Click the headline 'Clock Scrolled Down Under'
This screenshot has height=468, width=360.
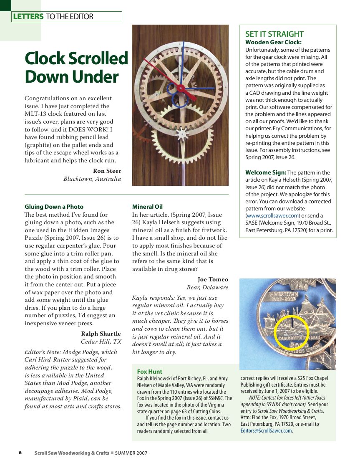76,68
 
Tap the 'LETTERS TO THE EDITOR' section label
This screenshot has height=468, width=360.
53,17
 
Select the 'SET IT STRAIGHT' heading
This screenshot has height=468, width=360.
274,34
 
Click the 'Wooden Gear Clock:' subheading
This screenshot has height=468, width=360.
273,42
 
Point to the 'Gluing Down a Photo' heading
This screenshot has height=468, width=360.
54,207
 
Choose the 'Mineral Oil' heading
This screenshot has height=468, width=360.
147,207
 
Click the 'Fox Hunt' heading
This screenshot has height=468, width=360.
149,372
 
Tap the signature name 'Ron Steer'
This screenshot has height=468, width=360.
107,171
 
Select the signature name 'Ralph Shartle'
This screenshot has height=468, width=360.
101,334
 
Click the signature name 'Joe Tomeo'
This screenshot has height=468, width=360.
213,279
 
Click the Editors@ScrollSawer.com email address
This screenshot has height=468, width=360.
266,430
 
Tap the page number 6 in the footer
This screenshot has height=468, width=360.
20,453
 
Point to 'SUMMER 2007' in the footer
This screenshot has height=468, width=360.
131,453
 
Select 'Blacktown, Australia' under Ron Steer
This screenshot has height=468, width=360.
92,179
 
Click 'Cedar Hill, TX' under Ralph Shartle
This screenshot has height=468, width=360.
101,342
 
